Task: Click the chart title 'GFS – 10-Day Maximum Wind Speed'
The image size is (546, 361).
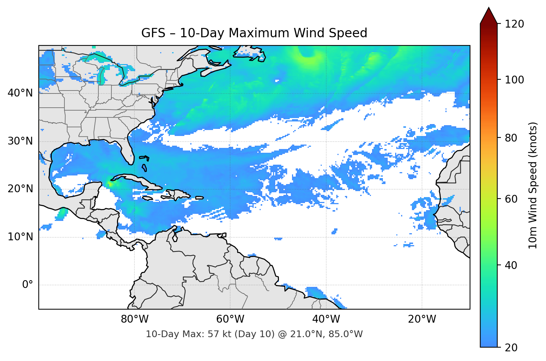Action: [x=254, y=33]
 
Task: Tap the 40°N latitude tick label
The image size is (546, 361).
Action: [x=20, y=93]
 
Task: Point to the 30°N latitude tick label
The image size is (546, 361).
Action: [x=20, y=141]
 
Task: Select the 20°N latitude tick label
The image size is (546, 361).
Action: [x=20, y=189]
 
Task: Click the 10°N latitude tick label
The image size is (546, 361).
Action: [x=20, y=237]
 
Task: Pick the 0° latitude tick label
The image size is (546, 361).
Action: [x=28, y=285]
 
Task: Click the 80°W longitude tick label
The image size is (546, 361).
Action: [x=134, y=319]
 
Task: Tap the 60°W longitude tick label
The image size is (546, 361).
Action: [x=230, y=319]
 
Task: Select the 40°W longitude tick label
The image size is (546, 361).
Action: [x=326, y=319]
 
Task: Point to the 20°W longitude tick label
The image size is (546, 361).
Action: [x=422, y=319]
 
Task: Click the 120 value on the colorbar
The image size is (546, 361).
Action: [x=514, y=24]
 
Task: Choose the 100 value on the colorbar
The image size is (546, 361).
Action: [x=514, y=80]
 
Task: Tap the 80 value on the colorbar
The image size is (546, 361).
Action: [x=510, y=138]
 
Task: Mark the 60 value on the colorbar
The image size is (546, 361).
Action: [x=510, y=199]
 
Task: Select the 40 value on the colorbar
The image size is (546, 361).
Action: [x=510, y=265]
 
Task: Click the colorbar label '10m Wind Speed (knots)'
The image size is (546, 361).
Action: [x=533, y=186]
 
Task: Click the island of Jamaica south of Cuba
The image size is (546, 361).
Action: [x=147, y=198]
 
